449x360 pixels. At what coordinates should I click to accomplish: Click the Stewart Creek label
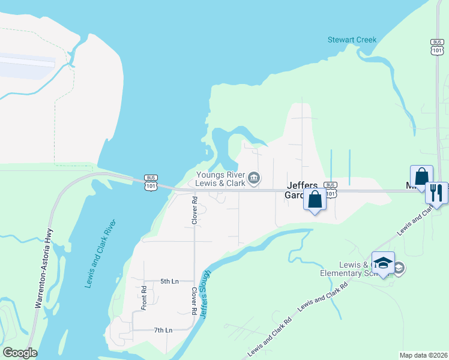[352, 40]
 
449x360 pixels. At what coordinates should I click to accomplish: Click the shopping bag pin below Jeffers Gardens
[315, 200]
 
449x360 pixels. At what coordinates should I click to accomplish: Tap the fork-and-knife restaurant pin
[436, 193]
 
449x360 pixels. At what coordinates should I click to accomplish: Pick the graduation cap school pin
[383, 263]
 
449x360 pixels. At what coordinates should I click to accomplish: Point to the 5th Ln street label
[169, 281]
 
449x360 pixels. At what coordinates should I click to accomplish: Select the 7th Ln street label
[163, 330]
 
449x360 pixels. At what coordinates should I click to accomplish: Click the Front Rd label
[144, 297]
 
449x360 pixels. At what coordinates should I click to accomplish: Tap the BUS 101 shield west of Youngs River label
[151, 182]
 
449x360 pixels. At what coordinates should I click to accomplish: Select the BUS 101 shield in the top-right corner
[436, 47]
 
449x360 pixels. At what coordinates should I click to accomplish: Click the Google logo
[20, 353]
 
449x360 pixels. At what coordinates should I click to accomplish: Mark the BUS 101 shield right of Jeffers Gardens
[330, 189]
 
